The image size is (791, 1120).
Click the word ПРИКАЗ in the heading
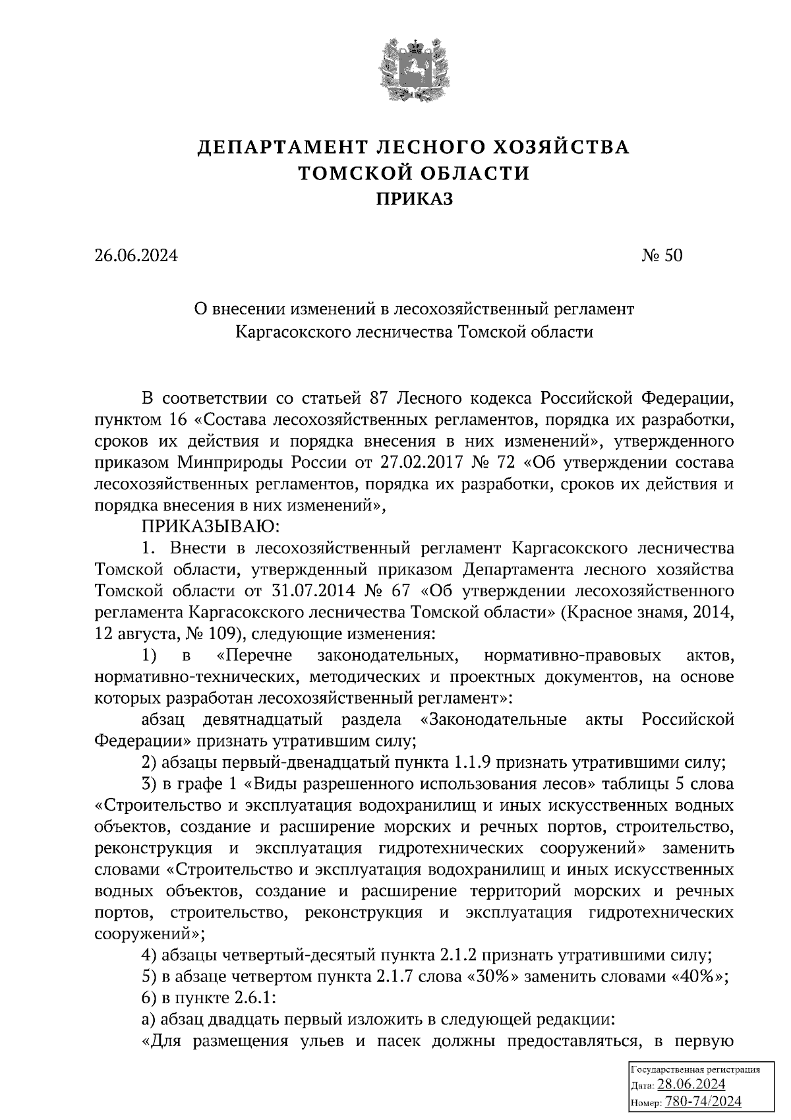click(x=414, y=199)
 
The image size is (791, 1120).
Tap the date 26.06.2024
click(x=136, y=255)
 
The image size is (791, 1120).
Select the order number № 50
click(x=662, y=255)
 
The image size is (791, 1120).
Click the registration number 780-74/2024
click(x=703, y=1101)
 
